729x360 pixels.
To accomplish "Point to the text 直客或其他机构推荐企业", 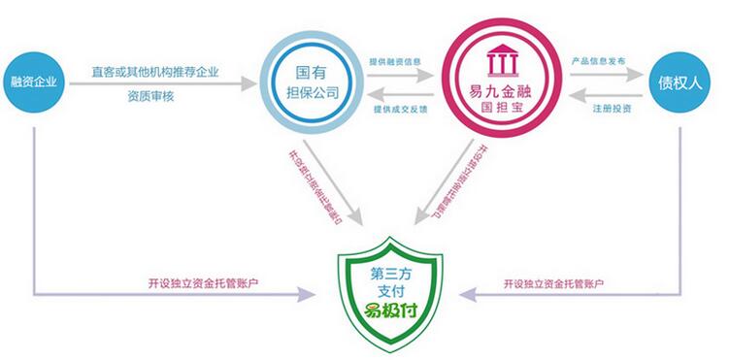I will coord(154,71).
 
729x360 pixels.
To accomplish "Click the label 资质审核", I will coord(154,97).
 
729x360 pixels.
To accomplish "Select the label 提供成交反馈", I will coord(397,108).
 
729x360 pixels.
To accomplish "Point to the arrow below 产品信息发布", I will coord(597,76).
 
